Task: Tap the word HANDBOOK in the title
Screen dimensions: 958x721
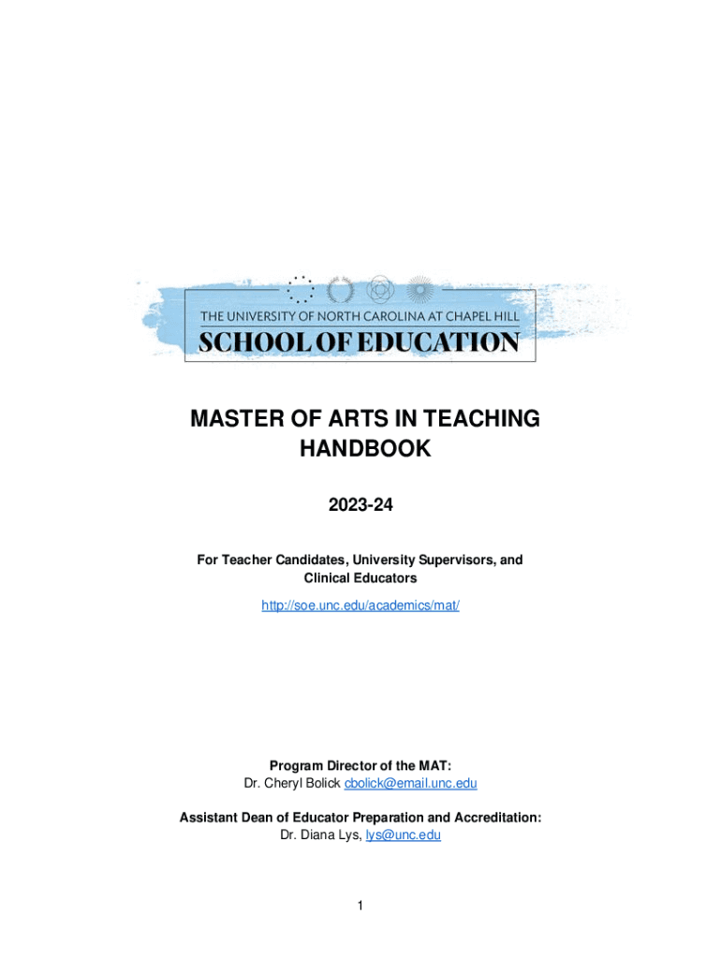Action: pyautogui.click(x=365, y=449)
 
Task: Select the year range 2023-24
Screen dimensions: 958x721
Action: pyautogui.click(x=360, y=506)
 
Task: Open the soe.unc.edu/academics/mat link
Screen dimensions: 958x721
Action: pyautogui.click(x=360, y=605)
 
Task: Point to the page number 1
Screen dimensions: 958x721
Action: pyautogui.click(x=360, y=906)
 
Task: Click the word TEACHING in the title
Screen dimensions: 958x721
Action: pyautogui.click(x=481, y=419)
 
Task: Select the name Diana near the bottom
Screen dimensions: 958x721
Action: pyautogui.click(x=321, y=835)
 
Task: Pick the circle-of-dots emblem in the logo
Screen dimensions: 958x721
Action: pyautogui.click(x=301, y=289)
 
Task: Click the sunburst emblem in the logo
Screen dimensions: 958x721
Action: pyautogui.click(x=420, y=289)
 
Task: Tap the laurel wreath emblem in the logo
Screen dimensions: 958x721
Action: pyautogui.click(x=339, y=289)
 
